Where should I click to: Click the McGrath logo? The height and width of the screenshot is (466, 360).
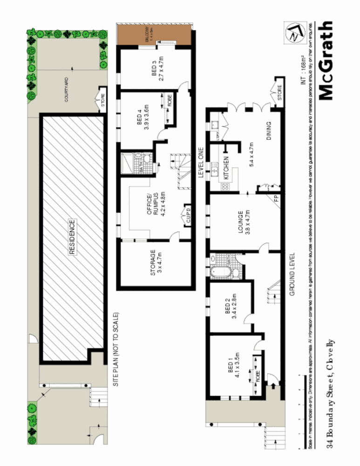coord(326,61)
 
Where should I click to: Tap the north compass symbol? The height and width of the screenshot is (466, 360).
coord(292,33)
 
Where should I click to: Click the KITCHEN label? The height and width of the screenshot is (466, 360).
coord(226,168)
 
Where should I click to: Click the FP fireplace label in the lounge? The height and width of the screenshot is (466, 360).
coord(276,197)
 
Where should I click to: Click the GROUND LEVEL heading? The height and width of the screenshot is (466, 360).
coord(293,274)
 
